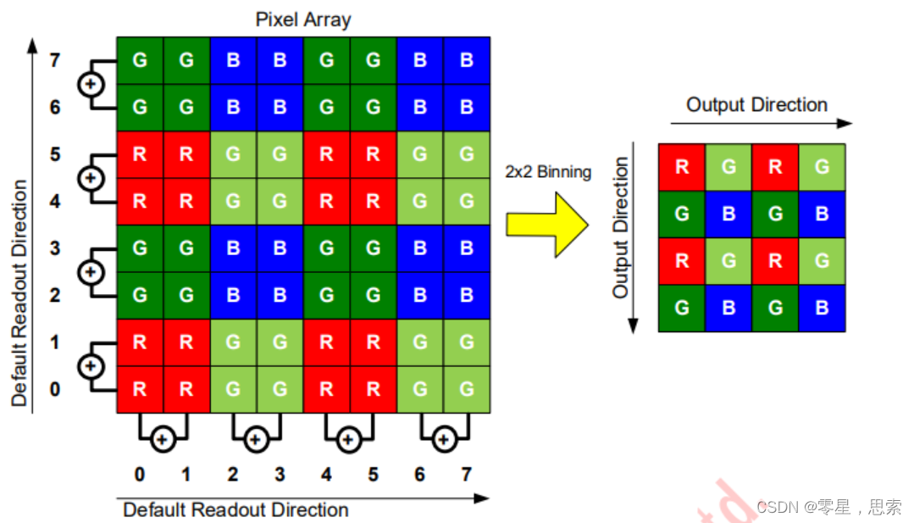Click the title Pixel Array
coord(303,19)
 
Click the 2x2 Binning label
coord(547,172)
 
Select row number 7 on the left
coord(55,61)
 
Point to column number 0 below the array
coord(140,474)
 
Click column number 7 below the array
coord(466,474)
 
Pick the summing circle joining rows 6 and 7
coord(91,85)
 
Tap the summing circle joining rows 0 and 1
coord(91,366)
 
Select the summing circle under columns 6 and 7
coord(443,439)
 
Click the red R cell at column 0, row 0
coord(140,390)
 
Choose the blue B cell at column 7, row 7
coord(466,61)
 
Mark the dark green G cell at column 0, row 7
coord(140,61)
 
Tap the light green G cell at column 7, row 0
coord(466,390)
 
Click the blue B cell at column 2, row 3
coord(233,248)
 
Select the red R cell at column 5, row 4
coord(373,202)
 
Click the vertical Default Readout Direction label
coord(20,292)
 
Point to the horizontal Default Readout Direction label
coord(235,509)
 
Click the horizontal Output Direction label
coord(756,105)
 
